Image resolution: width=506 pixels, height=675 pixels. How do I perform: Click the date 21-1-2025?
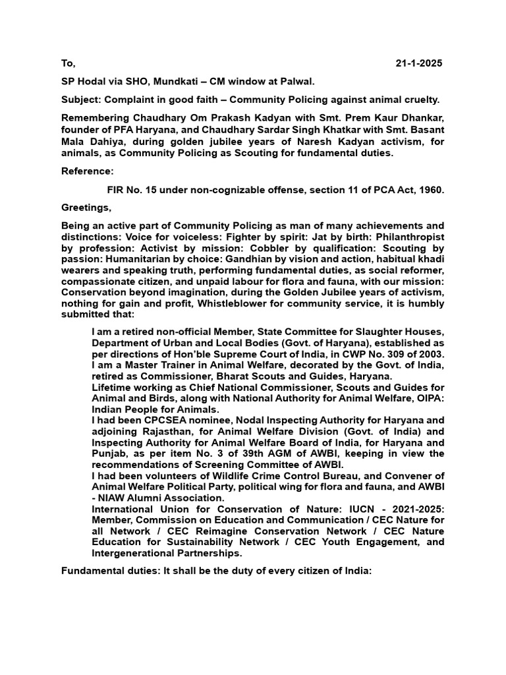click(x=419, y=63)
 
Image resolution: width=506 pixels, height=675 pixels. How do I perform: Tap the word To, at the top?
click(x=69, y=63)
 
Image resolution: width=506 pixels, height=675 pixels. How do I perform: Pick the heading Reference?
click(x=87, y=171)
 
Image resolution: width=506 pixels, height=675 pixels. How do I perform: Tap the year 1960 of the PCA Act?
click(x=430, y=190)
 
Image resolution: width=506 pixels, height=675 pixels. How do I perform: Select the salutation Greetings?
click(x=86, y=208)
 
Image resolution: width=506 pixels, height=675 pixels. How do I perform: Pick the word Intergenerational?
click(x=136, y=553)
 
